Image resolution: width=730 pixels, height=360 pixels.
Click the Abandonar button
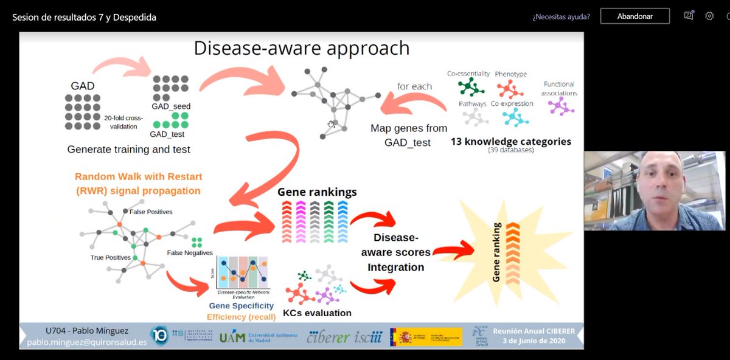pos(634,16)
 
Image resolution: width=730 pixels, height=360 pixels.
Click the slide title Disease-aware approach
pos(301,48)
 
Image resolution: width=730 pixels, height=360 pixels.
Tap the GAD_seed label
pos(171,106)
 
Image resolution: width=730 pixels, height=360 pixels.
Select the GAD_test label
pos(168,134)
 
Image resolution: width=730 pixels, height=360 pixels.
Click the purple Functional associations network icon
pos(560,106)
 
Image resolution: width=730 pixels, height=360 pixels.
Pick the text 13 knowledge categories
pos(510,142)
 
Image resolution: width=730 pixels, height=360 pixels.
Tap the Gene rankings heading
pos(317,192)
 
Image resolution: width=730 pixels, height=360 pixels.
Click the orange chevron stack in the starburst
pos(513,250)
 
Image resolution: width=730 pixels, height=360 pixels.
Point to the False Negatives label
pos(190,253)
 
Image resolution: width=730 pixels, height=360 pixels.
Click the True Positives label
pos(110,258)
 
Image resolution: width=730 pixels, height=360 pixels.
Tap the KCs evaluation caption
pos(317,313)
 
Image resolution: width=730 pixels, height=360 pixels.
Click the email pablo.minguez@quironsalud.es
pos(87,342)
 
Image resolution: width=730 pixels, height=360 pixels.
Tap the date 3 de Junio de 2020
pos(534,341)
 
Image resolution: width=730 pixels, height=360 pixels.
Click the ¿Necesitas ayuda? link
pos(561,16)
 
